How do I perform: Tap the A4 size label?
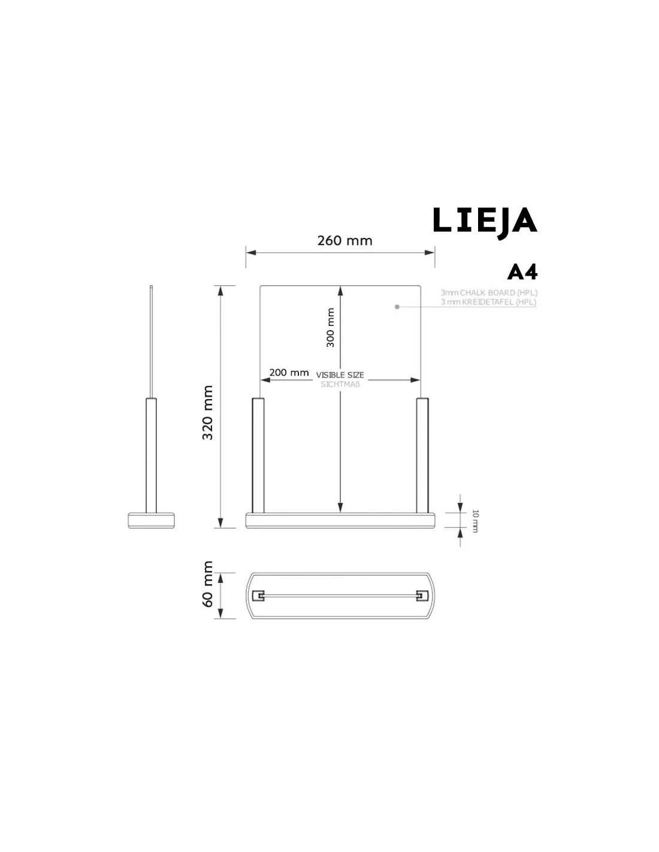click(522, 272)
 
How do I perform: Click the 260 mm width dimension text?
click(344, 240)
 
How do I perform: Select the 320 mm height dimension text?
click(208, 412)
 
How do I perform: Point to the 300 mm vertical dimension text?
click(331, 327)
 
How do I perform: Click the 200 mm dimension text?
click(289, 372)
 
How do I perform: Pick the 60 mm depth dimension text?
click(208, 584)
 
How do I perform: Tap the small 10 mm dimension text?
click(474, 521)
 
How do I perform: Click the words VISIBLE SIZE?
click(340, 375)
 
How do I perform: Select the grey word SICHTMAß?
click(340, 384)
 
